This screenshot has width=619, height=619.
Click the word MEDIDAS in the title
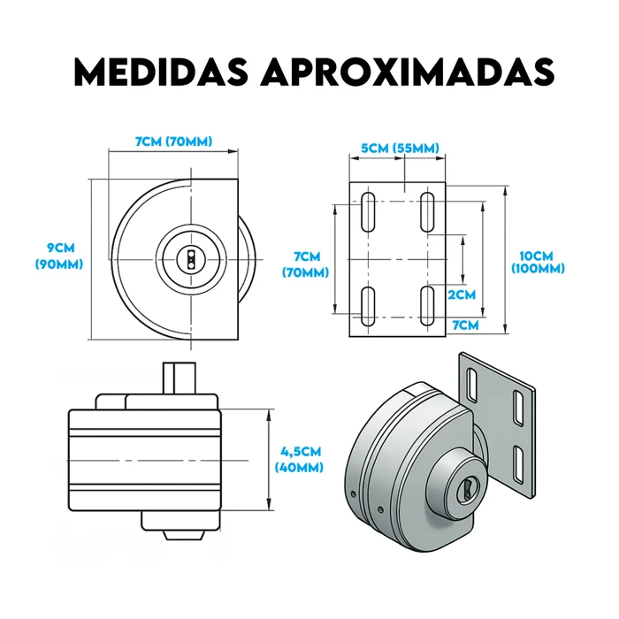(x=161, y=73)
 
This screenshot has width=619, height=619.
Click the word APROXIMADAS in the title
(x=408, y=73)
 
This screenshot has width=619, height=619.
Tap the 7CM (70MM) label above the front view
(x=173, y=141)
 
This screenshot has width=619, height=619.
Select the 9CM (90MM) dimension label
(x=59, y=256)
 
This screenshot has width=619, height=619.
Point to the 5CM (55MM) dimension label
(x=400, y=149)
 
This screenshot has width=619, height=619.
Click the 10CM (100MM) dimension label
(x=538, y=262)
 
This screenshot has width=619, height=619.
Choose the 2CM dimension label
(x=462, y=294)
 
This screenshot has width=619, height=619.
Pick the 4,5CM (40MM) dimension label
(x=299, y=459)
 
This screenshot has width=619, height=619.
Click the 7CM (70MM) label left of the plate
(x=306, y=264)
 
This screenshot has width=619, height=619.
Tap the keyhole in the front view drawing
(x=191, y=259)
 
